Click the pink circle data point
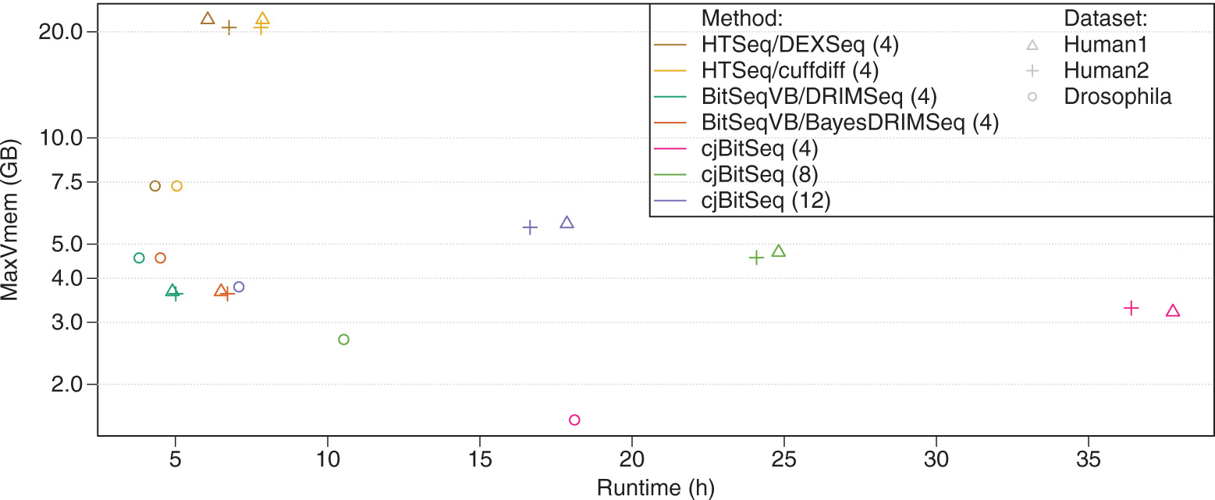pos(574,420)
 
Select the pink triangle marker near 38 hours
pos(1172,311)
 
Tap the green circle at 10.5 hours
pos(343,339)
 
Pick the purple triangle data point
pos(567,223)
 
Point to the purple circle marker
pos(239,287)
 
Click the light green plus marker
pos(756,257)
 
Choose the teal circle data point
pos(139,258)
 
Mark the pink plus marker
pos(1131,308)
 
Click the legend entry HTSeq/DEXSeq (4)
pos(800,44)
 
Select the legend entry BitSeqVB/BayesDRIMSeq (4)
pos(850,122)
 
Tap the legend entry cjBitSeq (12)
pos(766,200)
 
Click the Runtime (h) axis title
pos(655,487)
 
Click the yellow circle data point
pos(176,186)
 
